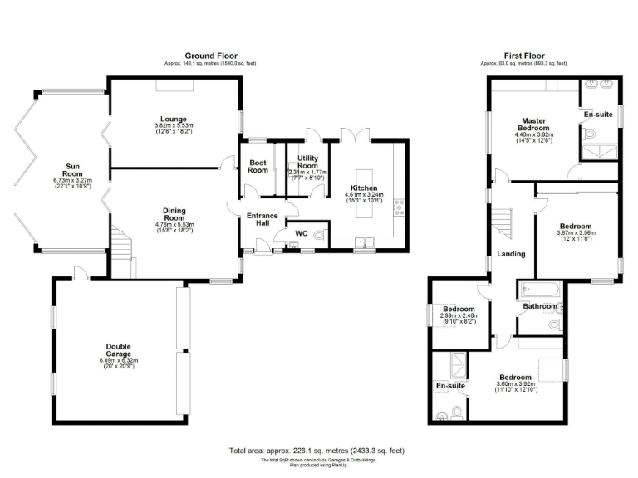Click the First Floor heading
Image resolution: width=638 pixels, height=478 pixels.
(x=523, y=56)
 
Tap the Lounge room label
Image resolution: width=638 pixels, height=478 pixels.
(x=174, y=119)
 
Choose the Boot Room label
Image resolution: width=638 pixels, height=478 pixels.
(x=258, y=166)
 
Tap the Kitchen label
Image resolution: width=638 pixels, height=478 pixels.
(x=364, y=188)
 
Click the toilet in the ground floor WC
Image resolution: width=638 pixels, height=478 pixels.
(x=321, y=234)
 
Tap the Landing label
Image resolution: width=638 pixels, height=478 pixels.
(x=511, y=254)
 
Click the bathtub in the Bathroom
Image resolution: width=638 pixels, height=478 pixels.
(x=540, y=290)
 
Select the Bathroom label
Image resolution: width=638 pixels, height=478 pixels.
(x=539, y=306)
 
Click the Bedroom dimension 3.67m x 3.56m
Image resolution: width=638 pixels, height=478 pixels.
(x=575, y=233)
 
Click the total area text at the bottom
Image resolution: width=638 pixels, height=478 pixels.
(x=317, y=451)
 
